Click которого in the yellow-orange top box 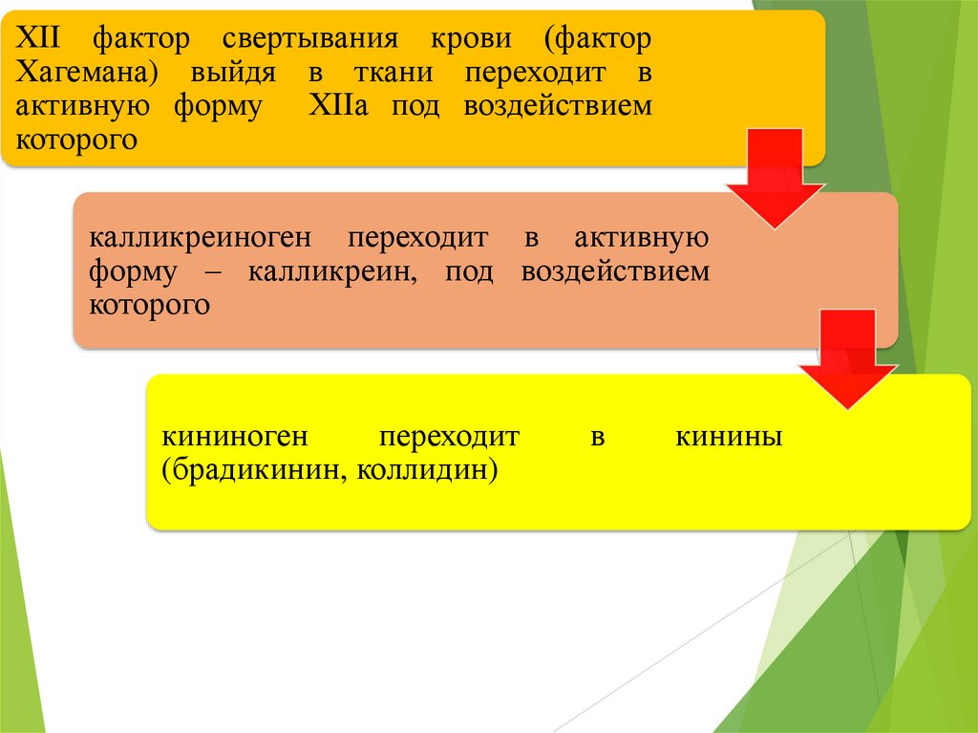click(x=78, y=139)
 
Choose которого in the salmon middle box click(x=150, y=305)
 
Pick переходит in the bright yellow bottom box click(x=449, y=438)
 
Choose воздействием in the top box click(x=558, y=106)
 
